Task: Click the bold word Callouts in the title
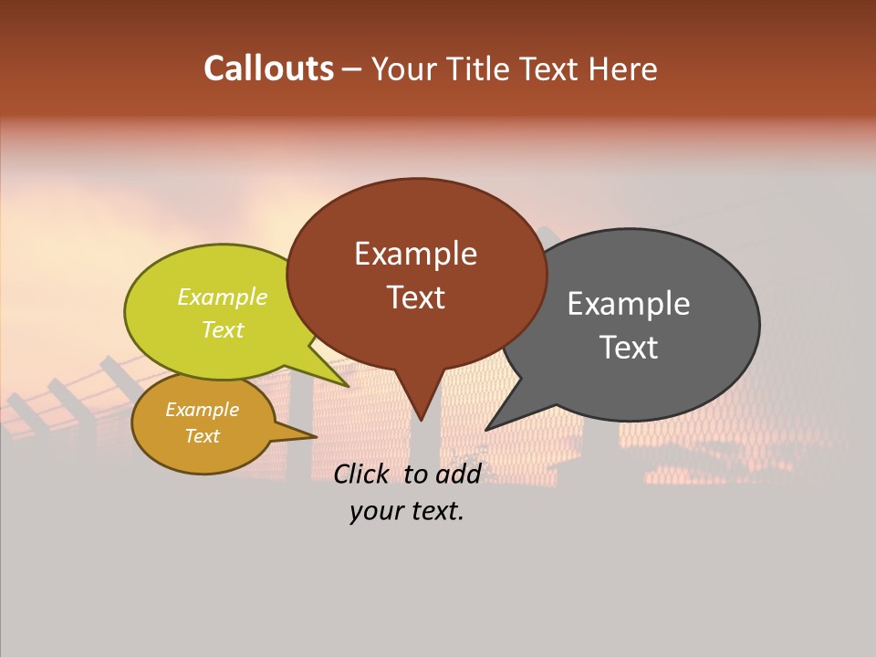click(268, 68)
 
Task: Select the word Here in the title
click(623, 68)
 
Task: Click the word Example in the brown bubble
click(415, 254)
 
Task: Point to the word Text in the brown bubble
click(415, 297)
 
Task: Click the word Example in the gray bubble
click(629, 303)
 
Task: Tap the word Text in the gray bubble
click(629, 347)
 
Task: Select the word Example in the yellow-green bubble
click(223, 297)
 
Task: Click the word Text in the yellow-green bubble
click(223, 329)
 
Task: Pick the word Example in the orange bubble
click(202, 410)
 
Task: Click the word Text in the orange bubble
click(202, 436)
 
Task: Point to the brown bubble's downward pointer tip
click(421, 420)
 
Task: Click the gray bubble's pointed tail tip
click(486, 429)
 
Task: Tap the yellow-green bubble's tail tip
click(349, 386)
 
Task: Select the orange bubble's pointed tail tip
click(316, 436)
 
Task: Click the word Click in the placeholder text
click(361, 474)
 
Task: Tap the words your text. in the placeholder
click(407, 512)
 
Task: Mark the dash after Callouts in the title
click(353, 69)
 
